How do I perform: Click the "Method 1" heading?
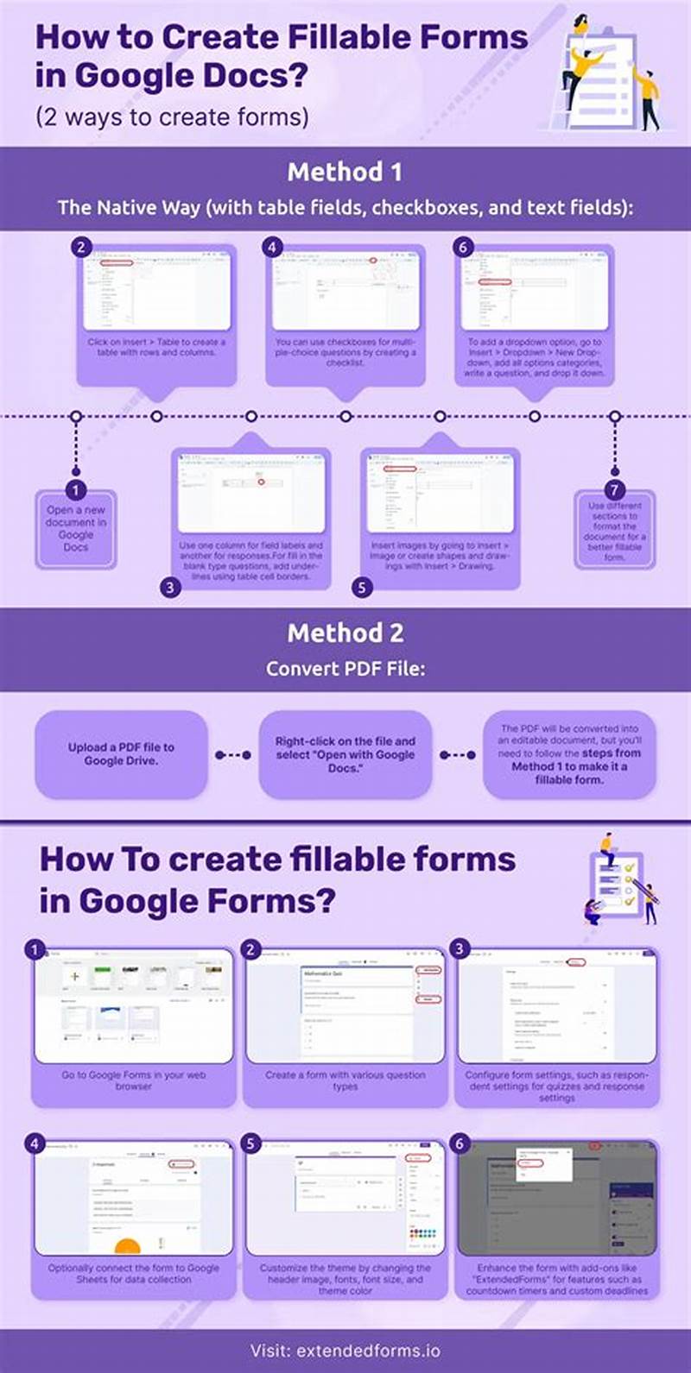tap(345, 172)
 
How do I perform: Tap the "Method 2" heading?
tap(345, 633)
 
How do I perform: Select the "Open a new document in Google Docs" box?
tap(76, 528)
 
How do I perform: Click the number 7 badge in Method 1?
tap(614, 491)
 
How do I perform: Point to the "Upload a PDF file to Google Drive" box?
tap(121, 753)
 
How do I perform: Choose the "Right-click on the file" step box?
tap(345, 753)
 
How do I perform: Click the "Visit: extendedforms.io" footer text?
tap(345, 1350)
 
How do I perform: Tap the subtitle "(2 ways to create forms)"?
tap(172, 117)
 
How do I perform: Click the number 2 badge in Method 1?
tap(81, 247)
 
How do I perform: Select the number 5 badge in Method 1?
tap(362, 588)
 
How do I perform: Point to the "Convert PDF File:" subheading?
tap(345, 668)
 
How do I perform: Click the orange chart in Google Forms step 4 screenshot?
tap(127, 1246)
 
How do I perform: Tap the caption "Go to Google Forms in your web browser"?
tap(133, 1080)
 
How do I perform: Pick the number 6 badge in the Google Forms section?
tap(460, 1143)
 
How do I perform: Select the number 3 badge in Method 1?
tap(170, 588)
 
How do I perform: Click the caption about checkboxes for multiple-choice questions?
tap(345, 352)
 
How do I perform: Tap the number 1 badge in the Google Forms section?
tap(35, 949)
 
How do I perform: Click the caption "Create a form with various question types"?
tap(345, 1080)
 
